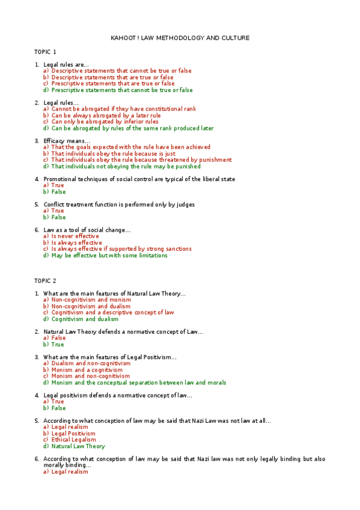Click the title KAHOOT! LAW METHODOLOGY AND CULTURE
[180, 38]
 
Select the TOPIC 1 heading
[45, 52]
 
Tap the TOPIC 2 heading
[45, 281]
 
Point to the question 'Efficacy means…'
[67, 141]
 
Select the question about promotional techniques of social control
[139, 179]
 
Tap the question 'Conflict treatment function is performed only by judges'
[119, 204]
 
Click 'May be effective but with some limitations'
[109, 256]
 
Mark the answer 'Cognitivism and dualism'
[85, 319]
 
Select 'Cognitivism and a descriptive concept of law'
[112, 313]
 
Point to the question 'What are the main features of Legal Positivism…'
[110, 357]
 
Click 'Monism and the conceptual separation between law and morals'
[138, 382]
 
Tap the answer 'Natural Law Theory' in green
[78, 446]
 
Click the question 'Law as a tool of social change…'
[87, 230]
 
